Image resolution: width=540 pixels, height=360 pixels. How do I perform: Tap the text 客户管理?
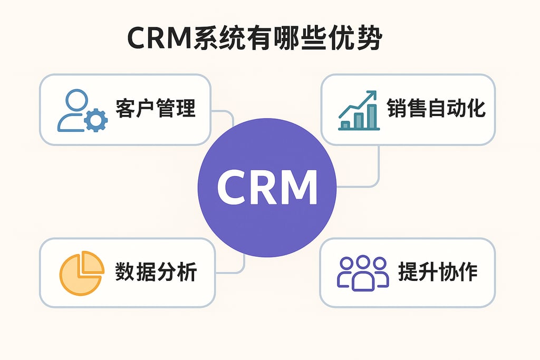(155, 109)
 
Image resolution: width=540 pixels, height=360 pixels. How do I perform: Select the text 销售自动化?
(436, 109)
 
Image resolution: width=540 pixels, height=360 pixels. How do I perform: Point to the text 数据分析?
(156, 272)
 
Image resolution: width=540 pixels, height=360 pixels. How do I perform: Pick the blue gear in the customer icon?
(95, 120)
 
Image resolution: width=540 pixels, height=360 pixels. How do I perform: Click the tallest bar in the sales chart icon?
(372, 115)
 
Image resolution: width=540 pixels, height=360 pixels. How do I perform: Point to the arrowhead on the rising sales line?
(372, 95)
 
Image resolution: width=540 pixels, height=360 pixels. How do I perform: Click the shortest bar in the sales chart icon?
(346, 124)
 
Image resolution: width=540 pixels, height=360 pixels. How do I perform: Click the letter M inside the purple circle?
(298, 188)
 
